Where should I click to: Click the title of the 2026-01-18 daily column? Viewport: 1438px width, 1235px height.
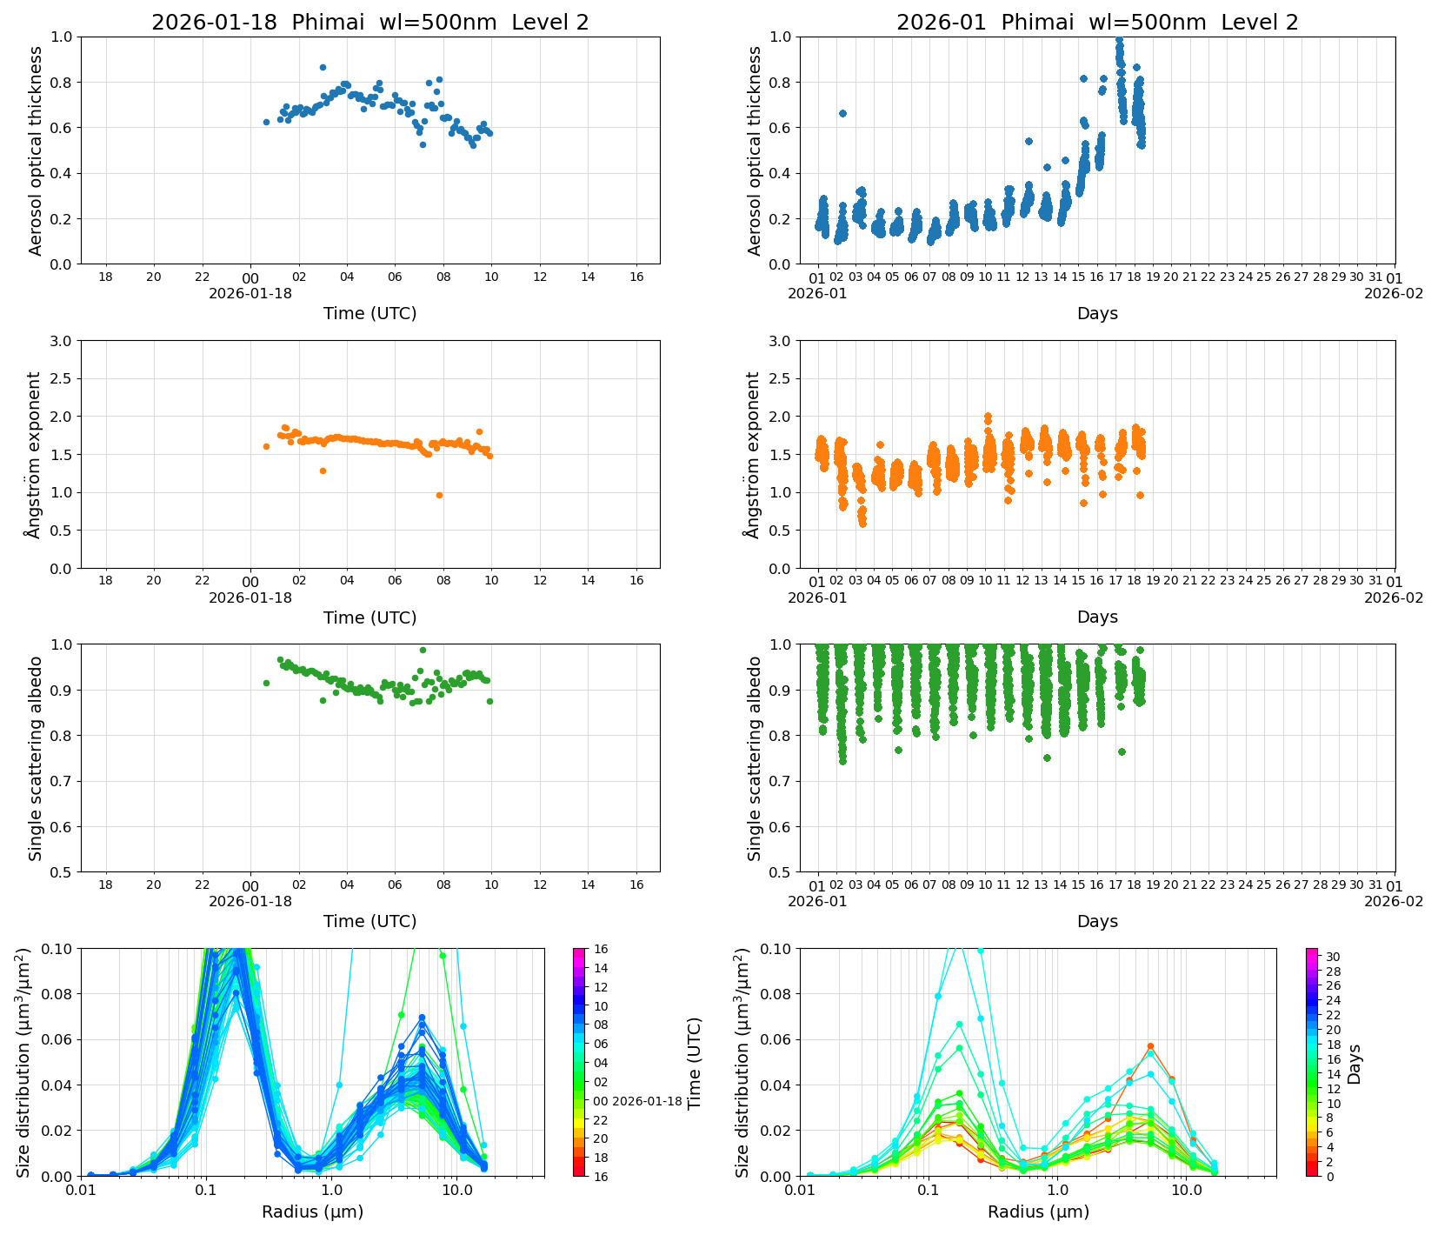(369, 23)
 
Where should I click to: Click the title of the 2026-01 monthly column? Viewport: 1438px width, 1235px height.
(1097, 23)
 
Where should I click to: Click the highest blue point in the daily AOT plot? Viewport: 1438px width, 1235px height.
(323, 67)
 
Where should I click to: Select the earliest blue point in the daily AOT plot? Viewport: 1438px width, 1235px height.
(266, 122)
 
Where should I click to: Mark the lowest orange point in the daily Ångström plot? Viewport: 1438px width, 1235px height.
(439, 495)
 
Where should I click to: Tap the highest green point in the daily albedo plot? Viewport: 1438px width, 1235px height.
(423, 650)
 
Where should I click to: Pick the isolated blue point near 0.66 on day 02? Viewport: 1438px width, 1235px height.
(842, 113)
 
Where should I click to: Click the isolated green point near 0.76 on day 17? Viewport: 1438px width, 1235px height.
(1122, 751)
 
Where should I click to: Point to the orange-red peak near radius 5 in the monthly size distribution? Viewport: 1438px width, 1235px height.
(1150, 1046)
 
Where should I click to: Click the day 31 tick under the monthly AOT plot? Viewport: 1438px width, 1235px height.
(1375, 277)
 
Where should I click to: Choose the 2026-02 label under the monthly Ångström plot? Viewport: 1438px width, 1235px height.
(1394, 597)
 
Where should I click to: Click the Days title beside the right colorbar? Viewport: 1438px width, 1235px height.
(1354, 1063)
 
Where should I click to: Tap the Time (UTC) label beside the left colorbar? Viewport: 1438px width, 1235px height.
(694, 1063)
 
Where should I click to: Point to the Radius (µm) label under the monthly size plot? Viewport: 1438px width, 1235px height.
(1038, 1212)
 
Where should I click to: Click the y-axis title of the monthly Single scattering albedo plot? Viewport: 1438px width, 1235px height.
(754, 758)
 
